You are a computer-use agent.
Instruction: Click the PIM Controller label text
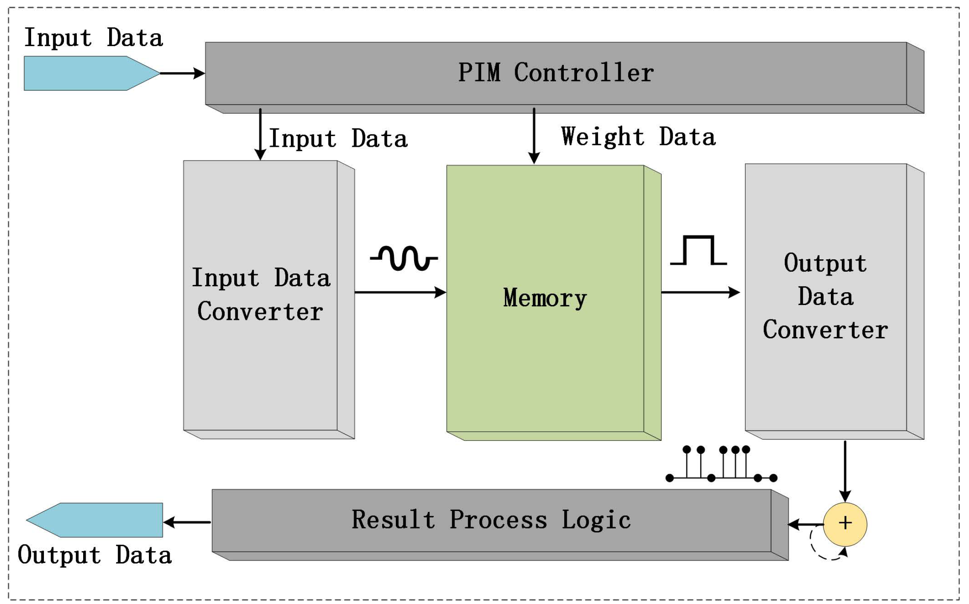(x=555, y=73)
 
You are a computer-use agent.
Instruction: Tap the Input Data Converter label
(x=261, y=294)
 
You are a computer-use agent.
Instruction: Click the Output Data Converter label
(x=825, y=296)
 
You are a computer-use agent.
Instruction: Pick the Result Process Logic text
(x=491, y=520)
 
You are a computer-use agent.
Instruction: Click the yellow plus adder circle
(x=845, y=524)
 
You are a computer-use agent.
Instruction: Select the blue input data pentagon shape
(x=90, y=73)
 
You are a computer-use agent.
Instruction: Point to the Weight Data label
(x=638, y=137)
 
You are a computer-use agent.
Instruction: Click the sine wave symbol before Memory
(x=404, y=258)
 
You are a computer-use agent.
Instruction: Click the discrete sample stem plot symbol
(x=721, y=465)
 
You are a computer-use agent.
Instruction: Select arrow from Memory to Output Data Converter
(x=700, y=292)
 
